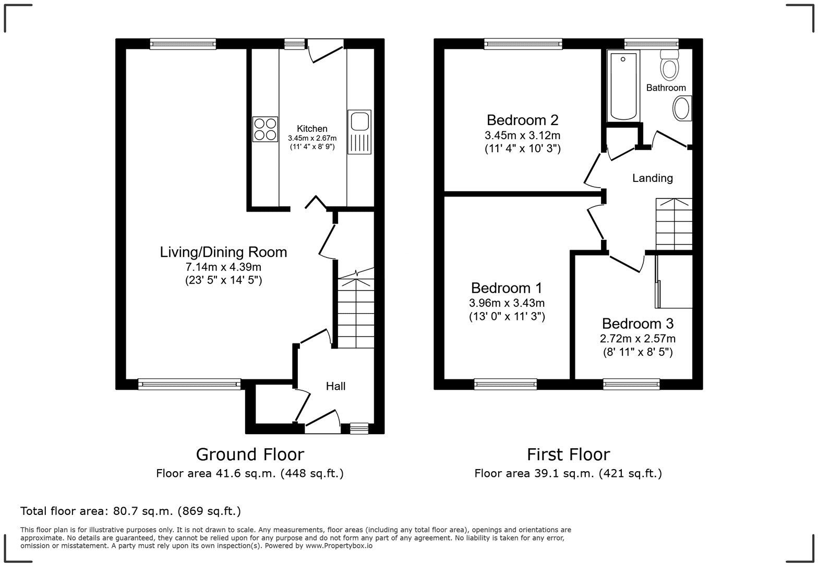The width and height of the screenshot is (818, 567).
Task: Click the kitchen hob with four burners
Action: (x=265, y=129)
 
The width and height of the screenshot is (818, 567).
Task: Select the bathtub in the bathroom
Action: (x=623, y=85)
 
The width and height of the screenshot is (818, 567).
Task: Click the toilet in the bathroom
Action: (x=668, y=64)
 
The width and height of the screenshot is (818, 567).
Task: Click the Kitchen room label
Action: (x=312, y=129)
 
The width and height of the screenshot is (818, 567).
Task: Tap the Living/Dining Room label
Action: (x=223, y=252)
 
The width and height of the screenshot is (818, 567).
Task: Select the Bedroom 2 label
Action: (x=522, y=120)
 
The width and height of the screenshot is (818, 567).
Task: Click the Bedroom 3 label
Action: (x=637, y=324)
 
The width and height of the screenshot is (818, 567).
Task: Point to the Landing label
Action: (x=652, y=178)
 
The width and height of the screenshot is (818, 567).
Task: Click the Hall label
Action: (x=335, y=386)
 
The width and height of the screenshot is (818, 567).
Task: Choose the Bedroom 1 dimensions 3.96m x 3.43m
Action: (x=507, y=303)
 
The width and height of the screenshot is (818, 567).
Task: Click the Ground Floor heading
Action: (x=249, y=454)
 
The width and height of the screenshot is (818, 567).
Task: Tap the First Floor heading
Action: (x=568, y=454)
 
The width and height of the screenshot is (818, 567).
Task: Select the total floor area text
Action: (x=130, y=511)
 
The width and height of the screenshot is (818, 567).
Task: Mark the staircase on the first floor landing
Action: (x=673, y=224)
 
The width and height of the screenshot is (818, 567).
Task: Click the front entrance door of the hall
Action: (x=322, y=423)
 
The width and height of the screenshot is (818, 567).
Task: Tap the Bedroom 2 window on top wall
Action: (x=523, y=44)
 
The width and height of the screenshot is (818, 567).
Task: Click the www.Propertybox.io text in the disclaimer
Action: (x=339, y=546)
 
